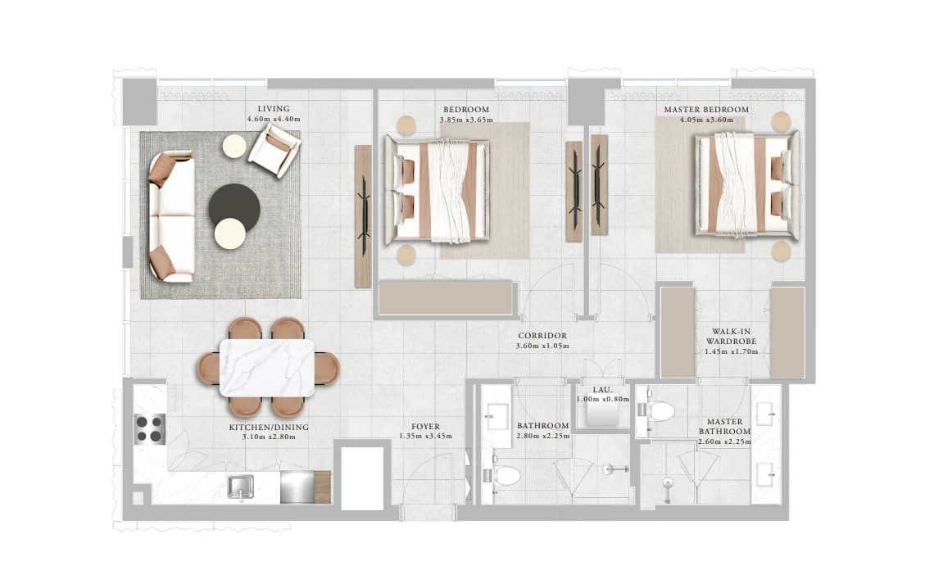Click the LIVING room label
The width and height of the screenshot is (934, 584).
(274, 109)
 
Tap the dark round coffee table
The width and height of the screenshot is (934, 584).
(234, 206)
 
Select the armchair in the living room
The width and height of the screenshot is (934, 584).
(274, 150)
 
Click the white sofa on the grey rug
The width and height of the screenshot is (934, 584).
(171, 217)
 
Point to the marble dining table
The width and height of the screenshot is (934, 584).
(267, 368)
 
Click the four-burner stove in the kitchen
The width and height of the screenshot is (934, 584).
(149, 428)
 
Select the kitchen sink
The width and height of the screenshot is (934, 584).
(241, 487)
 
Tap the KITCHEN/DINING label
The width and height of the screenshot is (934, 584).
(269, 427)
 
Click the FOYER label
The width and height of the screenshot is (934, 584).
(425, 426)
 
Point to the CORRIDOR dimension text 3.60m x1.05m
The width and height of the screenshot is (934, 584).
(542, 346)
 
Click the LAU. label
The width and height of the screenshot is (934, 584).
(602, 390)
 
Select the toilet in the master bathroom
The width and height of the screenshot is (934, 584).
(658, 410)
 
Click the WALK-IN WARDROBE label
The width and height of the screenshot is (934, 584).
(731, 337)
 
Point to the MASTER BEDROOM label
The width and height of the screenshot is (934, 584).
(706, 110)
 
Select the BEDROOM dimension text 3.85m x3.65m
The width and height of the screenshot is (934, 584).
(466, 120)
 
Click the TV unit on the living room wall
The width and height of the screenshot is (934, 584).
(363, 217)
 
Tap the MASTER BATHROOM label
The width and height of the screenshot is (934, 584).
(724, 426)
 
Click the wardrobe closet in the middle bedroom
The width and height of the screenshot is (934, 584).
(446, 297)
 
